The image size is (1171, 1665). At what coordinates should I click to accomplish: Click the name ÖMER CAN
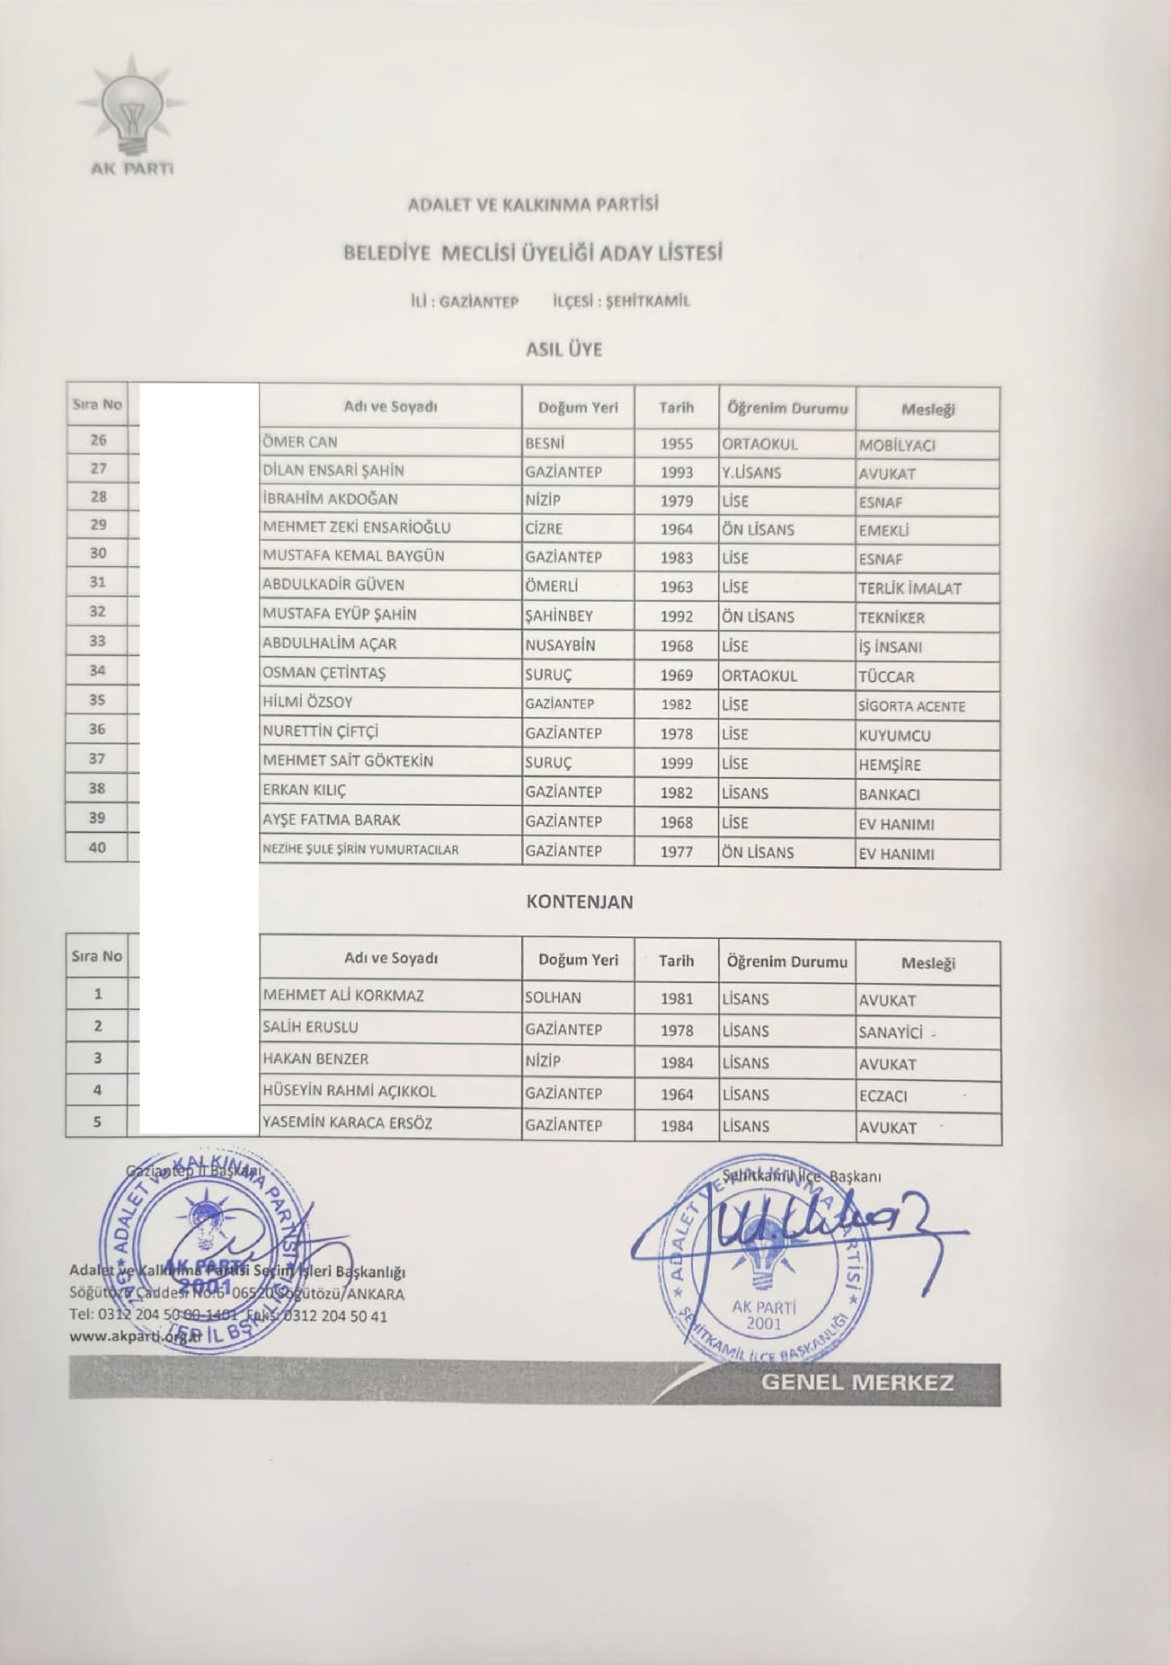pos(299,442)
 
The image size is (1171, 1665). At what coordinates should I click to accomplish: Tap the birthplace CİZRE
pos(544,529)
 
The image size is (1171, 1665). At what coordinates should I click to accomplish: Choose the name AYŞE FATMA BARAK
pos(331,820)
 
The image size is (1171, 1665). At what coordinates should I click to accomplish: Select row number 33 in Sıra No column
pos(97,641)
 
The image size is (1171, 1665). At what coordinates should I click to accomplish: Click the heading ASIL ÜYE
pos(563,350)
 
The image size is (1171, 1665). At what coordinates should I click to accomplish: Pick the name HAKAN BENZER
pos(315,1059)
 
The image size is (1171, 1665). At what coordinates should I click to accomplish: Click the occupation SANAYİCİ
pos(891,1032)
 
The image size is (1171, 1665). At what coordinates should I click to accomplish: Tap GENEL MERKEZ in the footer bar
pos(857,1382)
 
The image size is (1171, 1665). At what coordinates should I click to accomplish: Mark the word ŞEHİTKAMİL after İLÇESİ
pos(647,302)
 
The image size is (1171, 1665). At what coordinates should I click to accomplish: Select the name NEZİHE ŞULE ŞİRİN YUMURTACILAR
pos(360,850)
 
